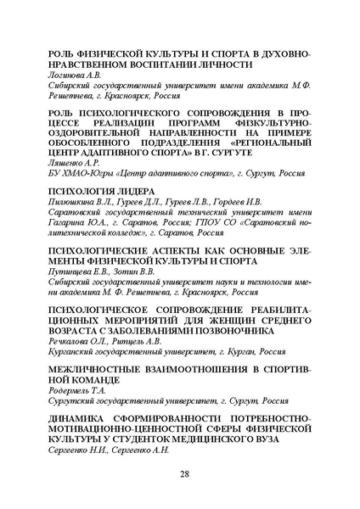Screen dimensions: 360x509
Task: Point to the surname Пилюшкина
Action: click(72, 204)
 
